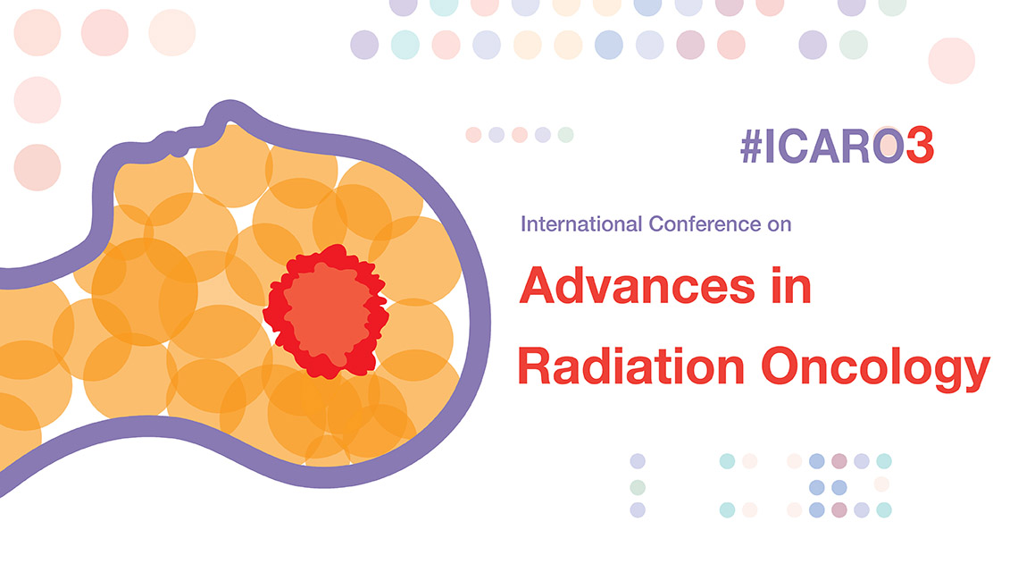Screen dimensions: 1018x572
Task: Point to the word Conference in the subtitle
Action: point(705,224)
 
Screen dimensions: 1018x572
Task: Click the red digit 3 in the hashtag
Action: point(919,145)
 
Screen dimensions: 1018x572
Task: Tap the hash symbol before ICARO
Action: point(751,146)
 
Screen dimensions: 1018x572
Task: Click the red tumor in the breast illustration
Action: point(326,311)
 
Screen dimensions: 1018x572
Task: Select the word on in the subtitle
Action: point(779,225)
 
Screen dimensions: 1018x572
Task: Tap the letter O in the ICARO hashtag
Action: point(889,146)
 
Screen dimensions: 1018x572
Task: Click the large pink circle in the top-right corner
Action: point(951,61)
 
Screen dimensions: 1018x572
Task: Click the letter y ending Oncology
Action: point(977,374)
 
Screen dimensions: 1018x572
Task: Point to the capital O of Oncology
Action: point(781,366)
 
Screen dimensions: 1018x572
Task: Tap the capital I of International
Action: point(523,224)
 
